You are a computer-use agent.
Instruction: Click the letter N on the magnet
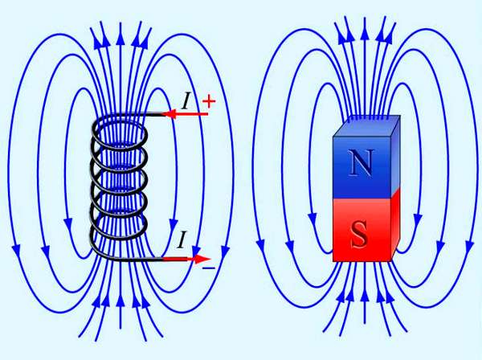(x=361, y=162)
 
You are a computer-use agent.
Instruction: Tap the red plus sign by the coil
(x=209, y=101)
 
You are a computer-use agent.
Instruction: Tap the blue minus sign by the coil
(x=208, y=268)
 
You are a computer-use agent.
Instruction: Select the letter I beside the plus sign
(x=186, y=101)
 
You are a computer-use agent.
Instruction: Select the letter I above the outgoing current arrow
(x=182, y=239)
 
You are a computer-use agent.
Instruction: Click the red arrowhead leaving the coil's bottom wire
(x=202, y=259)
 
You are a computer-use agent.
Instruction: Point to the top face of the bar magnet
(x=367, y=126)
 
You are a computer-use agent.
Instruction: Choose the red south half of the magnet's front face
(x=361, y=231)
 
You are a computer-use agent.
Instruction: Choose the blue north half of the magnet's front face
(x=361, y=168)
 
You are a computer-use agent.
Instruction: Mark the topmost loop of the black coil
(x=120, y=133)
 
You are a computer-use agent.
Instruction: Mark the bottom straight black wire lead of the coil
(x=138, y=260)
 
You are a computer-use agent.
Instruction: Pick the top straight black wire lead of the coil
(x=138, y=115)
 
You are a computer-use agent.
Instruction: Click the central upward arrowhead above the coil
(x=120, y=38)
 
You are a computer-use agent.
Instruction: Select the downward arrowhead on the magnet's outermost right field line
(x=470, y=247)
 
